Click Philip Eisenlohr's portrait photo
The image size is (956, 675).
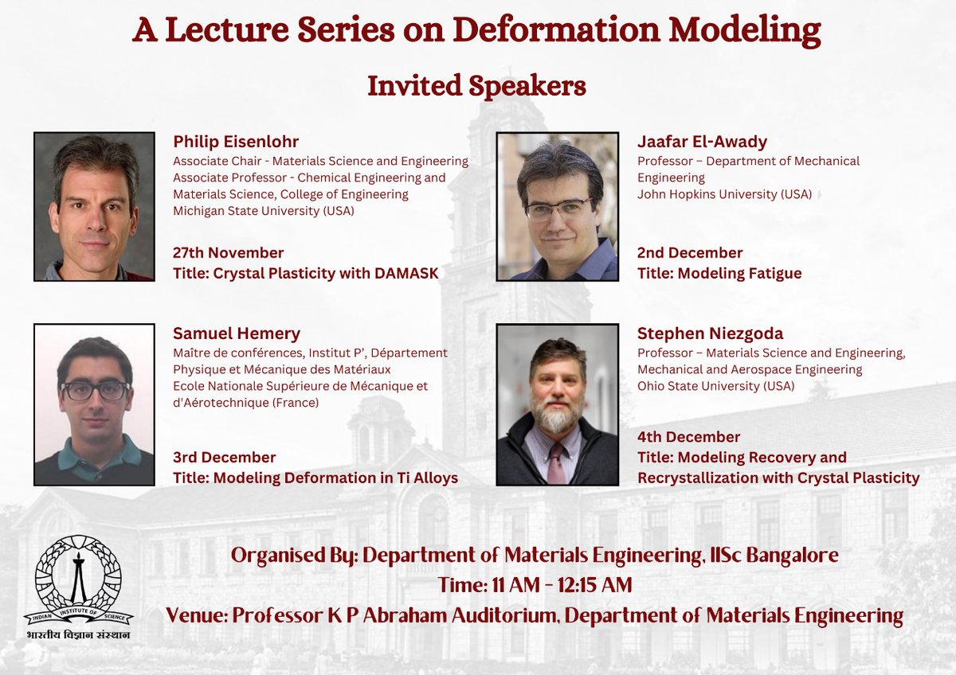coord(94,206)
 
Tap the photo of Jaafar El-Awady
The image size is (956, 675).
coord(557,206)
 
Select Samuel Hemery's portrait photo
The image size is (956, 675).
coord(94,404)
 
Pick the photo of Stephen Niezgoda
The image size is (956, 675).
coord(557,404)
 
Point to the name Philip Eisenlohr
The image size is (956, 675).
coord(236,142)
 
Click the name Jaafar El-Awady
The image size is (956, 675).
coord(702,142)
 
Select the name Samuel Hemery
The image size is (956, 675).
coord(237,334)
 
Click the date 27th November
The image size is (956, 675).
coord(228,253)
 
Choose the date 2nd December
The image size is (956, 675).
coord(690,253)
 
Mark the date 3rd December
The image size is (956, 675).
coord(224,458)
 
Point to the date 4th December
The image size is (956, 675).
coord(688,437)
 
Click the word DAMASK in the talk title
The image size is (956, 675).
coord(405,274)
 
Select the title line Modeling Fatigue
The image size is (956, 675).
coord(719,274)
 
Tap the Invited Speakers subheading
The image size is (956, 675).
coord(476,86)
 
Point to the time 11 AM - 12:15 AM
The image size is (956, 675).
coord(535,585)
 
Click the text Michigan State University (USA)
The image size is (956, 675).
coord(264,211)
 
